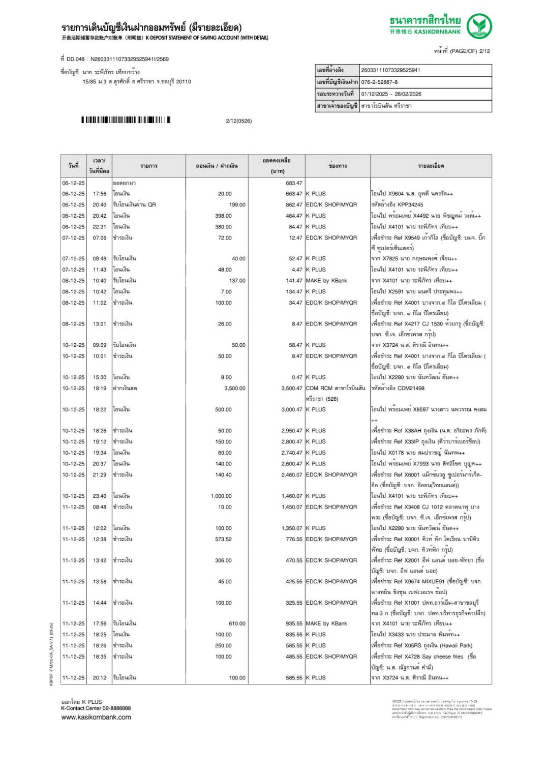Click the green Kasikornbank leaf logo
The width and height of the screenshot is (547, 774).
click(479, 26)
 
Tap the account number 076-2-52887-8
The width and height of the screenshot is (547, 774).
click(379, 82)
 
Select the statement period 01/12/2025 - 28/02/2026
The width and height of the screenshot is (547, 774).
click(391, 94)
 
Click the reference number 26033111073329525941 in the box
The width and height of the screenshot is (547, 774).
click(390, 70)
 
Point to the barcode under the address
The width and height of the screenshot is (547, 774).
click(126, 120)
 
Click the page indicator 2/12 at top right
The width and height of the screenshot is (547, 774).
click(483, 51)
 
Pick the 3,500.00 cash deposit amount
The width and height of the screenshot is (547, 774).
click(234, 388)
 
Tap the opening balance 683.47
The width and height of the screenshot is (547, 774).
click(294, 183)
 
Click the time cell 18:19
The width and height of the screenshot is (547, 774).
click(100, 388)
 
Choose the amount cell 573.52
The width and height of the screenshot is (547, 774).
click(223, 539)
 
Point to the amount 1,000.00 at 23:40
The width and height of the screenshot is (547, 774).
click(221, 496)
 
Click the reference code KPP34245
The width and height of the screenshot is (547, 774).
click(410, 204)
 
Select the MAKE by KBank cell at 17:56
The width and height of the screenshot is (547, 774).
click(326, 623)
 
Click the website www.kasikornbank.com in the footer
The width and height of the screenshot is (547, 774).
click(96, 717)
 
